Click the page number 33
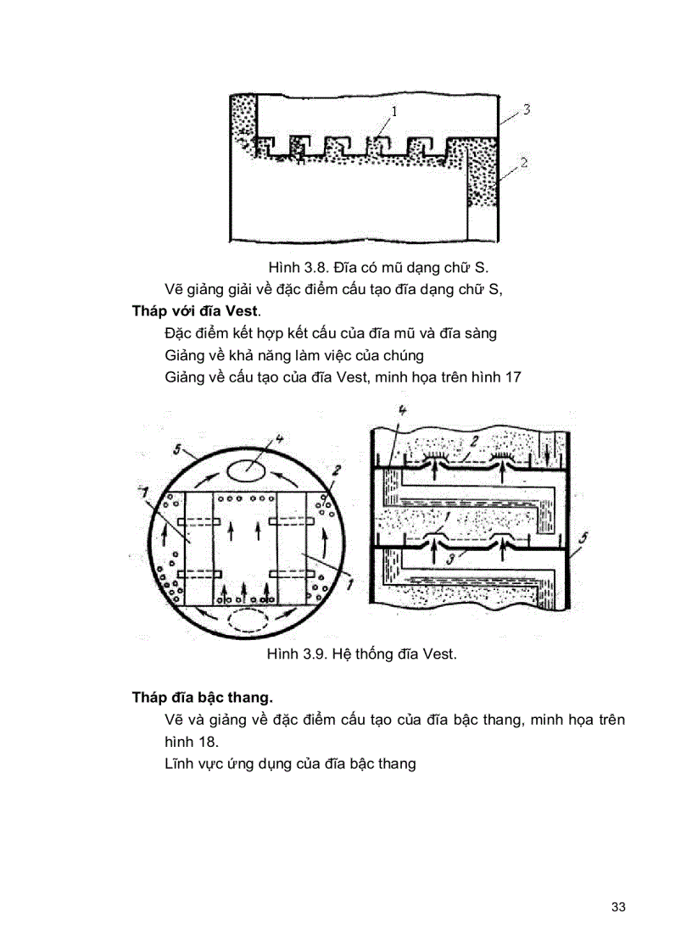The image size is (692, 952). click(x=617, y=907)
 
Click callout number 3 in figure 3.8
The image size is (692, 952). click(x=526, y=110)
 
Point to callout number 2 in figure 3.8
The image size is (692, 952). click(x=524, y=162)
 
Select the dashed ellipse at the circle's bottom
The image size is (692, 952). click(x=247, y=621)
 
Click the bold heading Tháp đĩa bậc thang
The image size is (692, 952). click(x=202, y=698)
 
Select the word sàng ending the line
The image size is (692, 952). click(x=478, y=333)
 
